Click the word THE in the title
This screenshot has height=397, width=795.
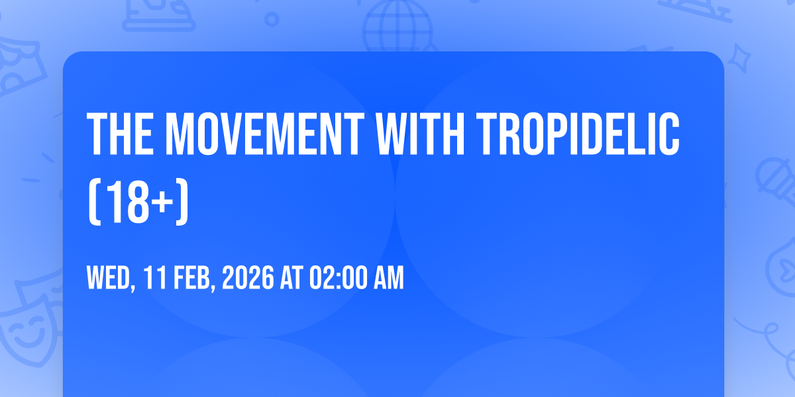coord(121,134)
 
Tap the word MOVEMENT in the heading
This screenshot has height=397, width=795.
coord(265,134)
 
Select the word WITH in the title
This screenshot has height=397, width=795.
coord(420,134)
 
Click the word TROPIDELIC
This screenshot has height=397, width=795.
coord(578,134)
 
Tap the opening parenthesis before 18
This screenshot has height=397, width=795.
coord(95,202)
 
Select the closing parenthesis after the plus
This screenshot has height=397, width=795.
coord(182,202)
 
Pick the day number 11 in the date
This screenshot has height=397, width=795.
coord(155,277)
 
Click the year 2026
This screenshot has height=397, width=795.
coord(248,277)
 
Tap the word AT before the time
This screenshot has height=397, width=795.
coord(291,277)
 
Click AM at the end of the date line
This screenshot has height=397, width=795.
coord(389,277)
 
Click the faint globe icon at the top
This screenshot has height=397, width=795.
coord(397,25)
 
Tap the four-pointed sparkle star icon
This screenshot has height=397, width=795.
coord(739,58)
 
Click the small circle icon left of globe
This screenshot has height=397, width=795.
coord(272,19)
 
